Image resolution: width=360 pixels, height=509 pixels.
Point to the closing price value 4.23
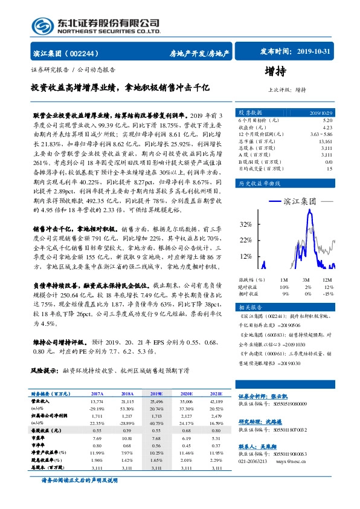327,128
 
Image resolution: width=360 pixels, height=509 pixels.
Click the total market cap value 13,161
324,141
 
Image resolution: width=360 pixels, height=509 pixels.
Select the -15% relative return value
328,293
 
